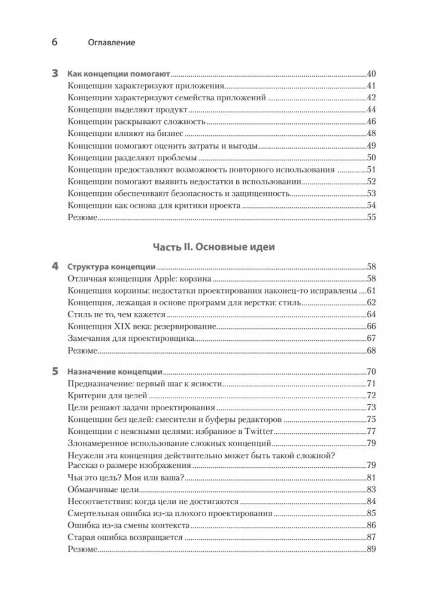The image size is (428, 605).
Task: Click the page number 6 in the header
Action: tap(54, 43)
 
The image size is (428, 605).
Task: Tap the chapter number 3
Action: tap(54, 74)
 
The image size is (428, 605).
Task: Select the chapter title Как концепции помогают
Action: tap(118, 74)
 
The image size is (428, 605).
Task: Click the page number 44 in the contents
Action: tap(371, 109)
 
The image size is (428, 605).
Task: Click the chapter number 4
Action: tap(54, 266)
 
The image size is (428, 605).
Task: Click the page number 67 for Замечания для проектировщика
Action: tap(371, 338)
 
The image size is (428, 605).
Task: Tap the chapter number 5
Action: tap(54, 372)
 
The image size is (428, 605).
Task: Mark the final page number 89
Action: tap(371, 549)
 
